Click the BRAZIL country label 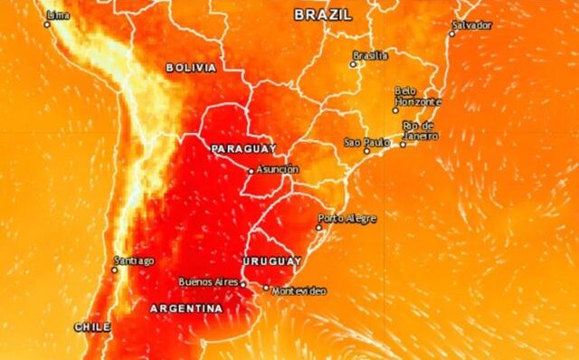tap(323, 14)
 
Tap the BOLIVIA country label tap(191, 68)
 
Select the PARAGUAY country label tap(243, 147)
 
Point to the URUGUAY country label tap(271, 261)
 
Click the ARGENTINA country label tap(185, 308)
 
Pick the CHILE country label tap(92, 327)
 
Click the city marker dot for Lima tap(47, 24)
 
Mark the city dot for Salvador tap(452, 33)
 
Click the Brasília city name tap(370, 55)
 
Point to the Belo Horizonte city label tap(417, 97)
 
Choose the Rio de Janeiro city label tap(420, 130)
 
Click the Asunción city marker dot tap(252, 170)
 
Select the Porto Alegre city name tap(346, 218)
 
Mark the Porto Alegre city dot tap(318, 228)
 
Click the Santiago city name tap(133, 261)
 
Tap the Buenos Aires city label tap(208, 282)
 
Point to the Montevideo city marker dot tap(266, 289)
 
